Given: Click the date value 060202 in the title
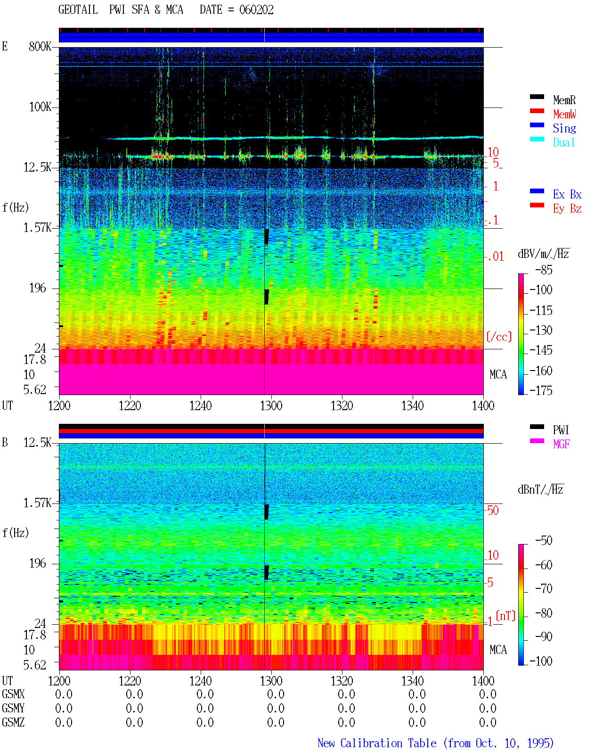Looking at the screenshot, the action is click(256, 10).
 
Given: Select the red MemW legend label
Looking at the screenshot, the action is click(564, 114).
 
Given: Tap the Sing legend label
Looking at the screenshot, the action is click(564, 128).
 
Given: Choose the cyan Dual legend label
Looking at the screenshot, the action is click(563, 142).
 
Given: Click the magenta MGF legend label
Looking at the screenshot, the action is click(561, 444).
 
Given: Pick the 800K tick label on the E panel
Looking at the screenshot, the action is click(40, 46).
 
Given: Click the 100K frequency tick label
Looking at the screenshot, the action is click(40, 107).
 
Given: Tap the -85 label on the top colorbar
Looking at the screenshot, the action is click(544, 270).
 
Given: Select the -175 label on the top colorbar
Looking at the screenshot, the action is click(541, 390).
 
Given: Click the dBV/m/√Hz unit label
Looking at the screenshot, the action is click(543, 254).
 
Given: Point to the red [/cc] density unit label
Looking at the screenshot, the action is click(499, 337).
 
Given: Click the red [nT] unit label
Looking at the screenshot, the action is click(505, 616).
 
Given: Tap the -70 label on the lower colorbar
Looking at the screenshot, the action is click(544, 588).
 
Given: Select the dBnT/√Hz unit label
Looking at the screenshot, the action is click(540, 490).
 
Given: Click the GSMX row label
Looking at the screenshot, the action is click(13, 694).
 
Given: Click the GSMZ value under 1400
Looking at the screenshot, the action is click(488, 722).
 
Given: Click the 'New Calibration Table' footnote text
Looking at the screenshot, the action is click(377, 743).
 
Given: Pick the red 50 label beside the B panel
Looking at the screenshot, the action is click(493, 510).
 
